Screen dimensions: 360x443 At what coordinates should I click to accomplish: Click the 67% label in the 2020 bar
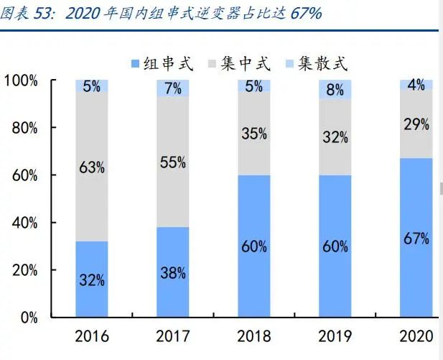click(416, 239)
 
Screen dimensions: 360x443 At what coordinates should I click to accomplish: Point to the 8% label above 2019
click(335, 90)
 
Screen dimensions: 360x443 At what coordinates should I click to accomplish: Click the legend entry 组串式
click(164, 63)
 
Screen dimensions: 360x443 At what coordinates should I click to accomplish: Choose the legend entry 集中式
click(240, 63)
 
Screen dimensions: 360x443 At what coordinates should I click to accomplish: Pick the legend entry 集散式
click(316, 63)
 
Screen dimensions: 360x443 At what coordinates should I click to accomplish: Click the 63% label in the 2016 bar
click(92, 167)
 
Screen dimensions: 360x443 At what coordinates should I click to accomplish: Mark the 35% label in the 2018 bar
click(254, 134)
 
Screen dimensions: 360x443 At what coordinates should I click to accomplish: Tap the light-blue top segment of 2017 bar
click(173, 88)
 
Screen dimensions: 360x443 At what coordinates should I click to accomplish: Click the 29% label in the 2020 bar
click(416, 124)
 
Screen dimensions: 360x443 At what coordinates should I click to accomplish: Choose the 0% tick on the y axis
click(29, 318)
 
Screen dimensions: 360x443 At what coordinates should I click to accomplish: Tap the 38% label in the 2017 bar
click(173, 273)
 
